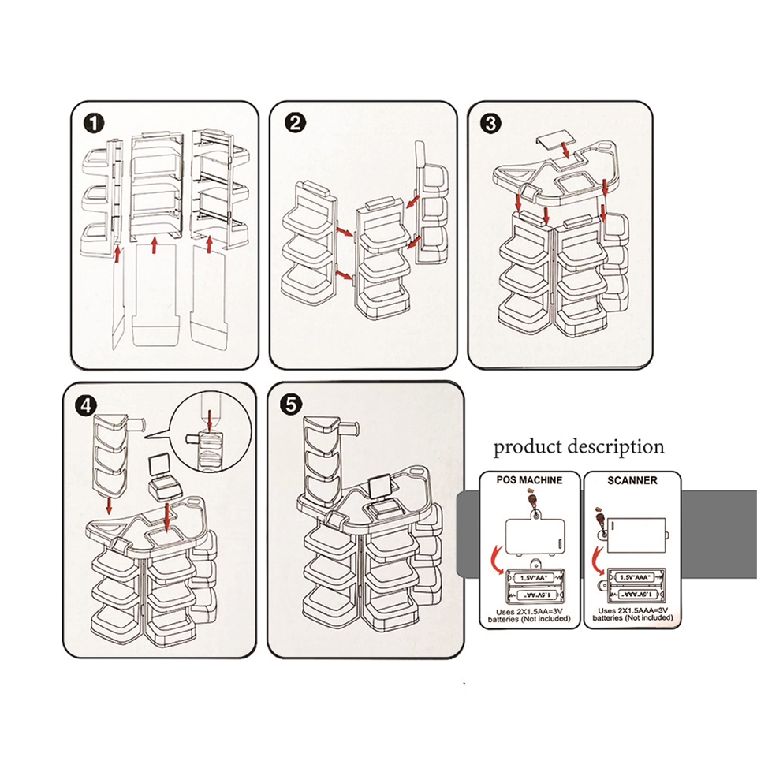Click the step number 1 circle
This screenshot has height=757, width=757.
pyautogui.click(x=95, y=124)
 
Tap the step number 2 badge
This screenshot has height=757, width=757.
pyautogui.click(x=295, y=124)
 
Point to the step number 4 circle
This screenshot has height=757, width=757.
pyautogui.click(x=87, y=404)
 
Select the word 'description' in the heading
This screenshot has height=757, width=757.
pyautogui.click(x=616, y=447)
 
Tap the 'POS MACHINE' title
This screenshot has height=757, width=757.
pyautogui.click(x=529, y=480)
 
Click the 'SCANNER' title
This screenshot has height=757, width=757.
pyautogui.click(x=632, y=480)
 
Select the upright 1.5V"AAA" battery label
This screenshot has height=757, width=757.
pyautogui.click(x=639, y=578)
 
